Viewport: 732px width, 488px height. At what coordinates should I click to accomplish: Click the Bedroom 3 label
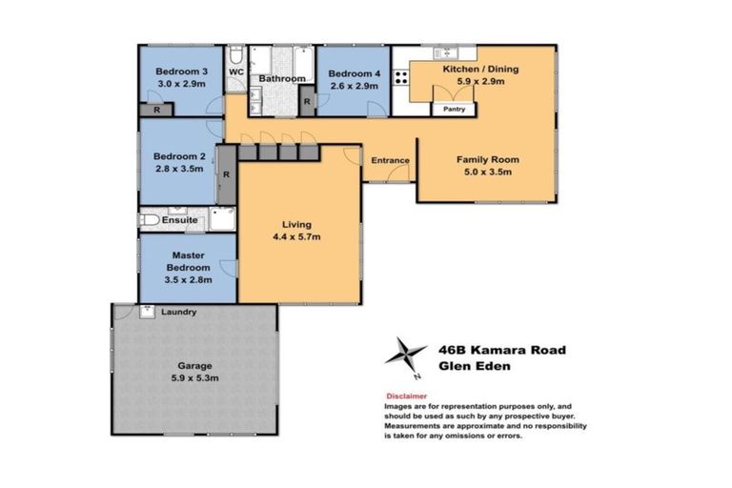[181, 71]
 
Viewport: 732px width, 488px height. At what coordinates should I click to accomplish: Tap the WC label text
[235, 71]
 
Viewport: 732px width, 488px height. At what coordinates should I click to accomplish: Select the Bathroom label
[282, 78]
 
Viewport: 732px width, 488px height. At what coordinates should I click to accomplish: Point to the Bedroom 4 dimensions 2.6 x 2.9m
[353, 86]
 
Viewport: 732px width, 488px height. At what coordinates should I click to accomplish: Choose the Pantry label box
[454, 110]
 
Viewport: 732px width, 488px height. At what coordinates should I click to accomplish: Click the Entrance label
[390, 160]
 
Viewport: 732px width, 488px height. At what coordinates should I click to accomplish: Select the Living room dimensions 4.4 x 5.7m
[295, 236]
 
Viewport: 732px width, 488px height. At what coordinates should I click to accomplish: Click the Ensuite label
[179, 220]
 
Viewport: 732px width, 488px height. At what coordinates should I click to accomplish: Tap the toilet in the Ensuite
[149, 220]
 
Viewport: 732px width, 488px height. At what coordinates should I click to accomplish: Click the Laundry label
[179, 312]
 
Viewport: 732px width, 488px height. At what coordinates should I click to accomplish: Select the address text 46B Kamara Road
[501, 350]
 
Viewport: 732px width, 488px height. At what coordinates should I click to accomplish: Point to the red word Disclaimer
[406, 395]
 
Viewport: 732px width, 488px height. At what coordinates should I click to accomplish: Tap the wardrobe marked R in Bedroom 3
[156, 110]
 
